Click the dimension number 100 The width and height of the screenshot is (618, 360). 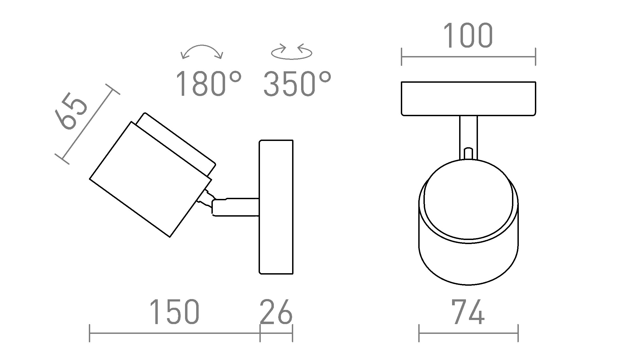point(468,35)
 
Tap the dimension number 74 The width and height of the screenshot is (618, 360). point(468,312)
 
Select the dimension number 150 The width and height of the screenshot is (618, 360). point(174,312)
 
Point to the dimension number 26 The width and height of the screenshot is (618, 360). point(276,312)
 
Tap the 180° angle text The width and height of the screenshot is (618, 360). point(209,84)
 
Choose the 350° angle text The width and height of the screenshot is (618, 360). point(297,84)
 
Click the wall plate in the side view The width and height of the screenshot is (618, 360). point(276,207)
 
